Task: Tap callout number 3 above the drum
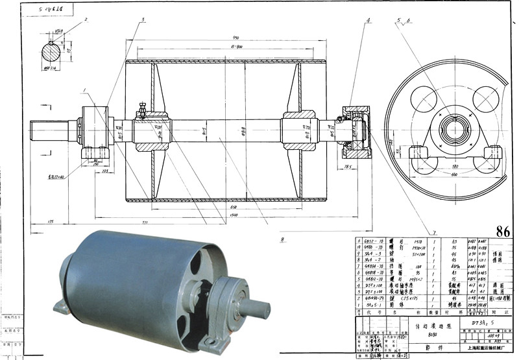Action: pyautogui.click(x=142, y=21)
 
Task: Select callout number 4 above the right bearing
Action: pyautogui.click(x=368, y=21)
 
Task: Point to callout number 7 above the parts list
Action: pyautogui.click(x=434, y=232)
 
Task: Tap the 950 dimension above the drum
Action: pyautogui.click(x=226, y=38)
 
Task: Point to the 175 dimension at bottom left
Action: pyautogui.click(x=51, y=222)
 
